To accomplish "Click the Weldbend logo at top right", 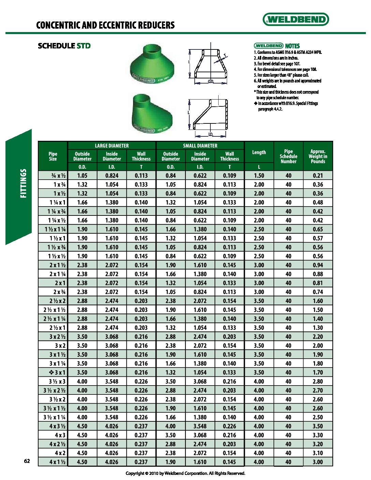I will [296, 19].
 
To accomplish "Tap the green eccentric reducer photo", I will [152, 114].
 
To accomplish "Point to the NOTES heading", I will [292, 46].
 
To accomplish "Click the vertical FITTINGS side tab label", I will [23, 183].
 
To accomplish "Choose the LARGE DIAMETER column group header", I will [112, 146].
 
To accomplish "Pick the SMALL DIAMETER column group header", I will [200, 146].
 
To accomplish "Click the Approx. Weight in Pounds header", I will [318, 156].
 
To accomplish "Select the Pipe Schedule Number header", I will [288, 156].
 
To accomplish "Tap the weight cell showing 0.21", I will [318, 176].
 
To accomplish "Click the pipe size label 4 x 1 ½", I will [57, 462].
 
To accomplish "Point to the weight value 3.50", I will [318, 426].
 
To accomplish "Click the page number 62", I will [27, 461].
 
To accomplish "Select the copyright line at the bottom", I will [185, 473].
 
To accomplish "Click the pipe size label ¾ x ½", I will [58, 176].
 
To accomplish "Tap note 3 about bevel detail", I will [277, 64].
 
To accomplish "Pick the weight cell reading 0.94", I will [318, 265].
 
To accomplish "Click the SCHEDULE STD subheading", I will [64, 46].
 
